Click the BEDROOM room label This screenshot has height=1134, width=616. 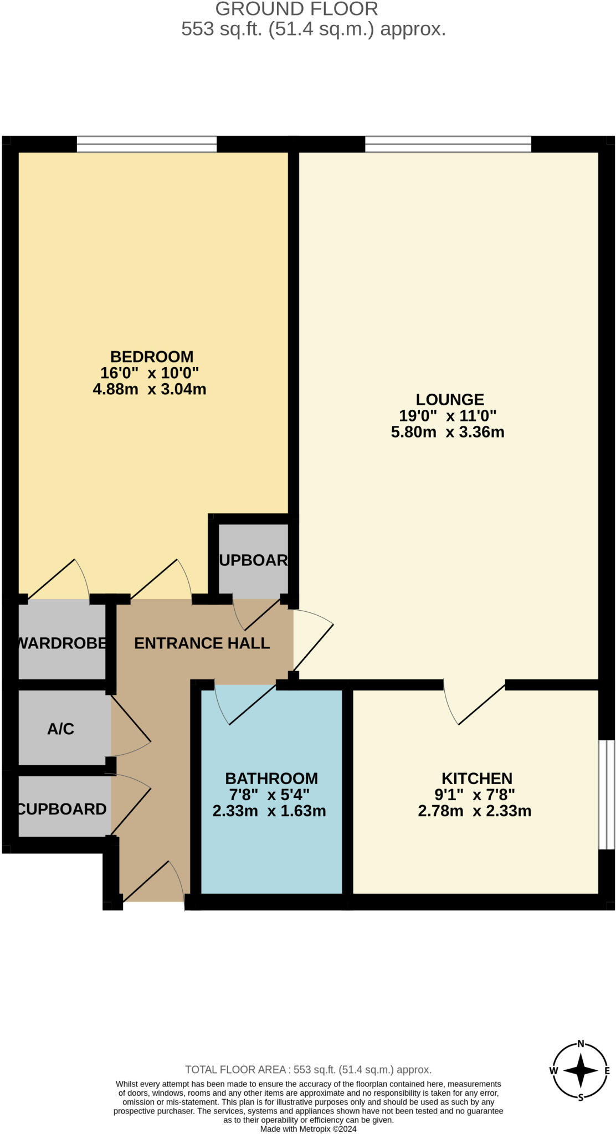[151, 357]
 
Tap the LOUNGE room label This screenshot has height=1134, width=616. [450, 399]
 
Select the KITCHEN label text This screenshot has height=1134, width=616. [476, 778]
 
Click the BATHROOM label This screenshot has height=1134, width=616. [271, 778]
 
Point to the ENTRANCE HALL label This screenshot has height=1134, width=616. [202, 643]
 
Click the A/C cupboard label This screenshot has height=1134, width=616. [60, 729]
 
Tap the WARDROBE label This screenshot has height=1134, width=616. [62, 643]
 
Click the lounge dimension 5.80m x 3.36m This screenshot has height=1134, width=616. [448, 432]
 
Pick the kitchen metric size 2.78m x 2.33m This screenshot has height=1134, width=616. [474, 811]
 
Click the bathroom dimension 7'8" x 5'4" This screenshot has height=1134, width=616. [269, 795]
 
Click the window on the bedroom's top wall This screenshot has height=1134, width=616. [146, 144]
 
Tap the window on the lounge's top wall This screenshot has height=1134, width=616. [448, 144]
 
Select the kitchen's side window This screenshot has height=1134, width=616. [607, 794]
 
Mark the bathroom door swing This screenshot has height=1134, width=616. [244, 706]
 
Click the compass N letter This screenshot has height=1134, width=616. [581, 1044]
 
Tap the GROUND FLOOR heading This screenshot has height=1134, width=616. [296, 9]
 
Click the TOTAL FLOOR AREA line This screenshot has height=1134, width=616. [308, 1070]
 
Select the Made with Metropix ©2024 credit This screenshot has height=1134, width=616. [308, 1128]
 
